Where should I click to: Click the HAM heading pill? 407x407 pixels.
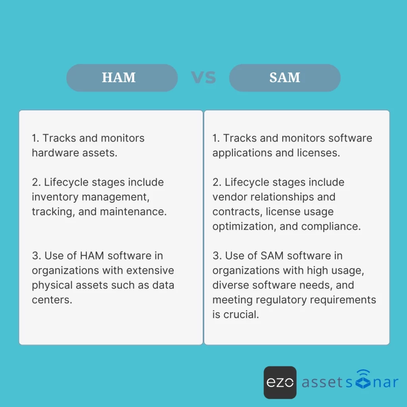pyautogui.click(x=122, y=78)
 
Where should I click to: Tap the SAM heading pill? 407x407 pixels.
pyautogui.click(x=285, y=78)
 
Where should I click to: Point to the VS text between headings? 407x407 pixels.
pyautogui.click(x=203, y=78)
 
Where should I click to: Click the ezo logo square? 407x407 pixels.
pyautogui.click(x=280, y=382)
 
